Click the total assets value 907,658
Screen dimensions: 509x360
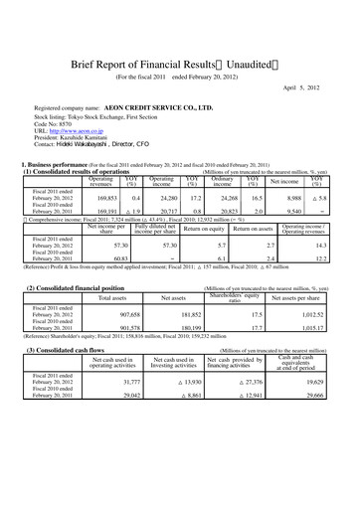[x=110, y=316]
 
